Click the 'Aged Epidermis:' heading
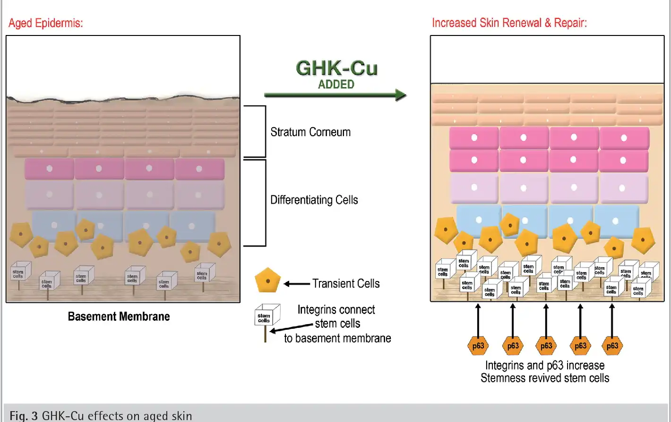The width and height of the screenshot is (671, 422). pos(46,23)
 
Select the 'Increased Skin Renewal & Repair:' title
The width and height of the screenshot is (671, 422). pos(509,23)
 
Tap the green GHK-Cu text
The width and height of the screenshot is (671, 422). pos(336,69)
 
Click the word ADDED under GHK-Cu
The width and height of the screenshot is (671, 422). pos(336,85)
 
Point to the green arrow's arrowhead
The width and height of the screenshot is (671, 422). pos(400,95)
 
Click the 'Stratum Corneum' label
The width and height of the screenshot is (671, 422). pos(310,132)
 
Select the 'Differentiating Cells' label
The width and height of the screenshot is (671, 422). pos(314,200)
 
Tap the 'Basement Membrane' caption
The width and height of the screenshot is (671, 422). pos(119,316)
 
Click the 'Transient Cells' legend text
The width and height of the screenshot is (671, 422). pos(346,284)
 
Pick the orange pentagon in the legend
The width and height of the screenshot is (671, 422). pos(267,281)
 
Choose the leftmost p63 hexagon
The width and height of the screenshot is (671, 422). pos(478,346)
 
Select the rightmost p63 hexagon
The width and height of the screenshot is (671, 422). pos(612,346)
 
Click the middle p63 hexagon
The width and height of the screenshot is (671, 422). pos(546,346)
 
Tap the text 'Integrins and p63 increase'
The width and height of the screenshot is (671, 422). pos(545,366)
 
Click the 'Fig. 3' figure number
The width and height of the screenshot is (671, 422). pos(24,416)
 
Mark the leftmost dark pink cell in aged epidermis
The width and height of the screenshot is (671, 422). pos(49,169)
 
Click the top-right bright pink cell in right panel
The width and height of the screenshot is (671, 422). pos(624,138)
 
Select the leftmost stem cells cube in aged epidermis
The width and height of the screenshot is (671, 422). pos(20,272)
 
